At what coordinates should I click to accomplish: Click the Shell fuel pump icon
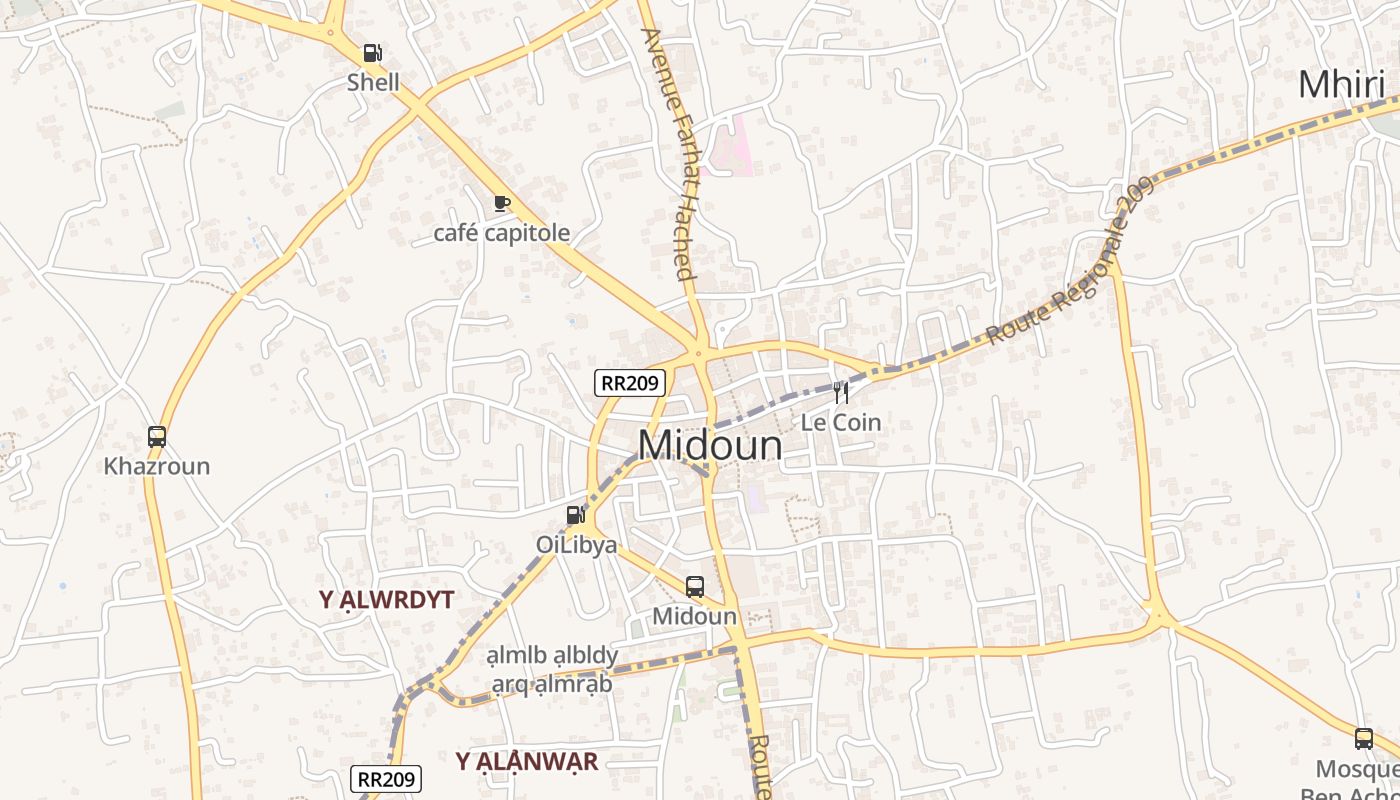point(372,53)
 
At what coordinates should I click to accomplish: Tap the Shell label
point(373,82)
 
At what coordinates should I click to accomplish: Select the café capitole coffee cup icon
point(502,204)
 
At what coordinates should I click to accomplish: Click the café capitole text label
point(501,233)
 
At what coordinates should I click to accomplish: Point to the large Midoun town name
point(710,445)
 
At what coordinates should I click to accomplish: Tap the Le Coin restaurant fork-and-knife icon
point(841,392)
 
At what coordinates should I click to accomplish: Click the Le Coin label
point(841,422)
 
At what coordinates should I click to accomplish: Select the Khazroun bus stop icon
point(157,437)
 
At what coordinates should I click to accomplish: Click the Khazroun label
point(157,466)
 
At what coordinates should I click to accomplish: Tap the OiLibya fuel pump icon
point(575,515)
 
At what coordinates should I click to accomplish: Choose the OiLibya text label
point(576,545)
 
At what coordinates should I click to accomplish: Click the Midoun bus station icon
point(695,587)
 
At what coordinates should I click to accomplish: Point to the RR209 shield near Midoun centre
point(630,382)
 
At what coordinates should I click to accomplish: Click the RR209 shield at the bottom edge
point(387,779)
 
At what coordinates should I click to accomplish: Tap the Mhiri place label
point(1341,85)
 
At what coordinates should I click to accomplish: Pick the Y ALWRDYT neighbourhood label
point(387,600)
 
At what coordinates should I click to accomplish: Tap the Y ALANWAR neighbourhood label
point(527,762)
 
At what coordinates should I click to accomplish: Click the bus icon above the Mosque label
point(1364,739)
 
